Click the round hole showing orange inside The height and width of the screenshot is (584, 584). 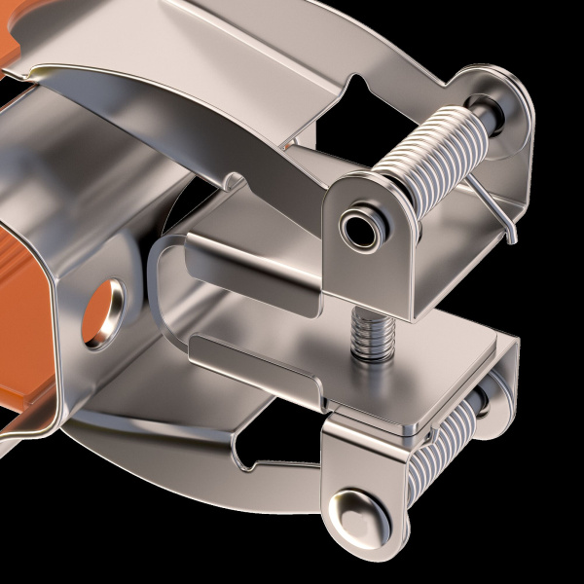[104, 314]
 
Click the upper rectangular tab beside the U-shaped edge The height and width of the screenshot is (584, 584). [248, 263]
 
